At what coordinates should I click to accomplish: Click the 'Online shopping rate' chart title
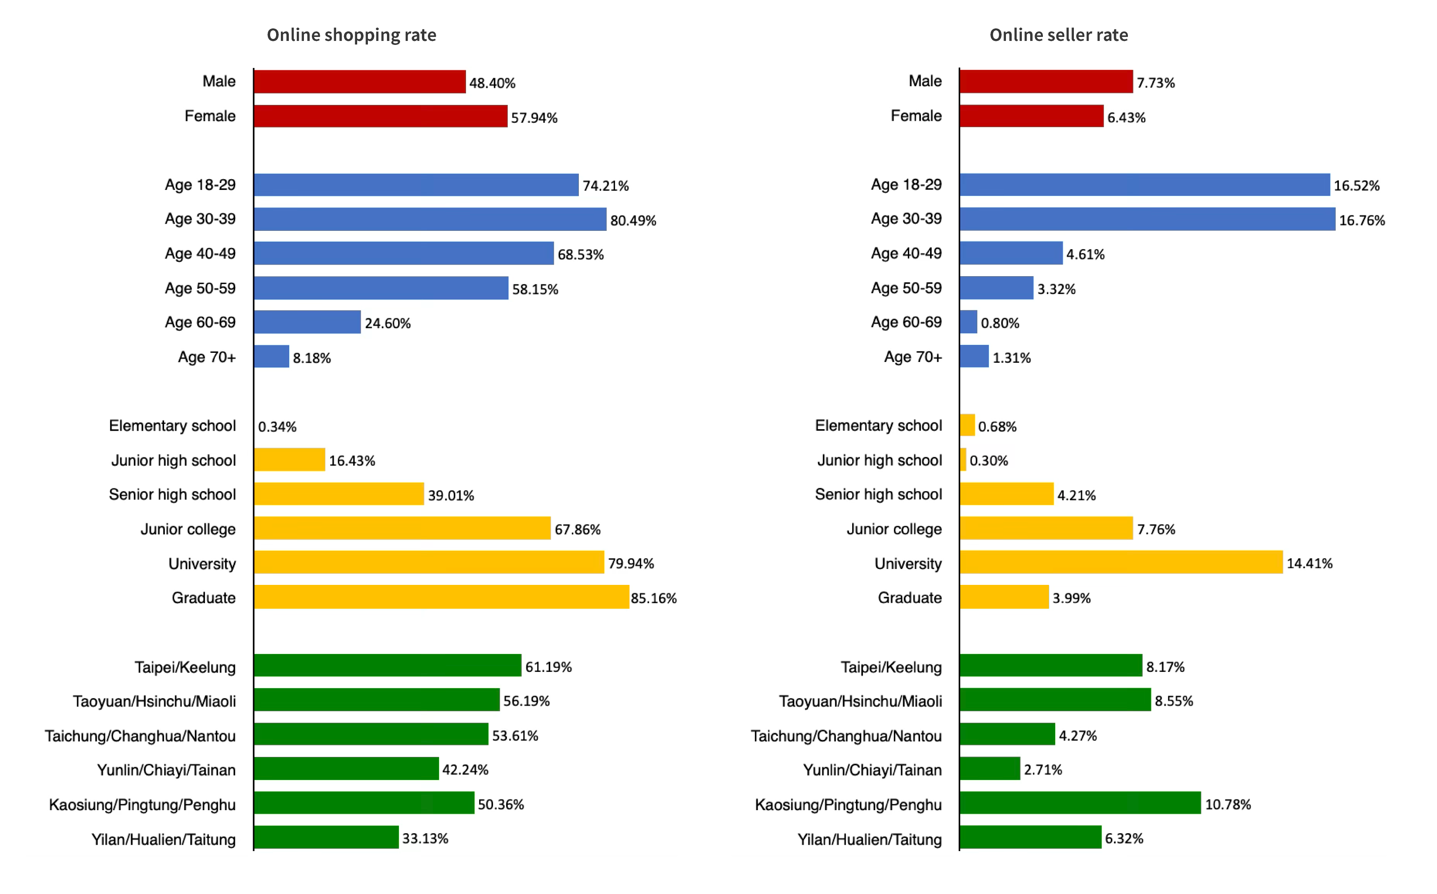point(351,35)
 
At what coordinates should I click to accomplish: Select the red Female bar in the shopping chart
point(380,116)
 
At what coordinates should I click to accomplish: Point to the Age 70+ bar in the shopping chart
point(271,356)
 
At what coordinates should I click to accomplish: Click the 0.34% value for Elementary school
point(277,426)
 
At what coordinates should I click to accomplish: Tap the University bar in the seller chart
point(1121,562)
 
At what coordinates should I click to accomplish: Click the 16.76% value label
point(1362,221)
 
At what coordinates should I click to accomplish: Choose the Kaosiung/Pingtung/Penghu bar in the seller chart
point(1080,803)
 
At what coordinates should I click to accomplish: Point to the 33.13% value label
point(425,838)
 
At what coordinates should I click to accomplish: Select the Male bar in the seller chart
point(1046,81)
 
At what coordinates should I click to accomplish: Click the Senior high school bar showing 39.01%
point(339,494)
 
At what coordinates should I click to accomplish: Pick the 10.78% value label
point(1227,804)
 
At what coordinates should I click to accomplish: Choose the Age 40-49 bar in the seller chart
point(1011,253)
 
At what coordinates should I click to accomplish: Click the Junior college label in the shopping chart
point(188,529)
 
